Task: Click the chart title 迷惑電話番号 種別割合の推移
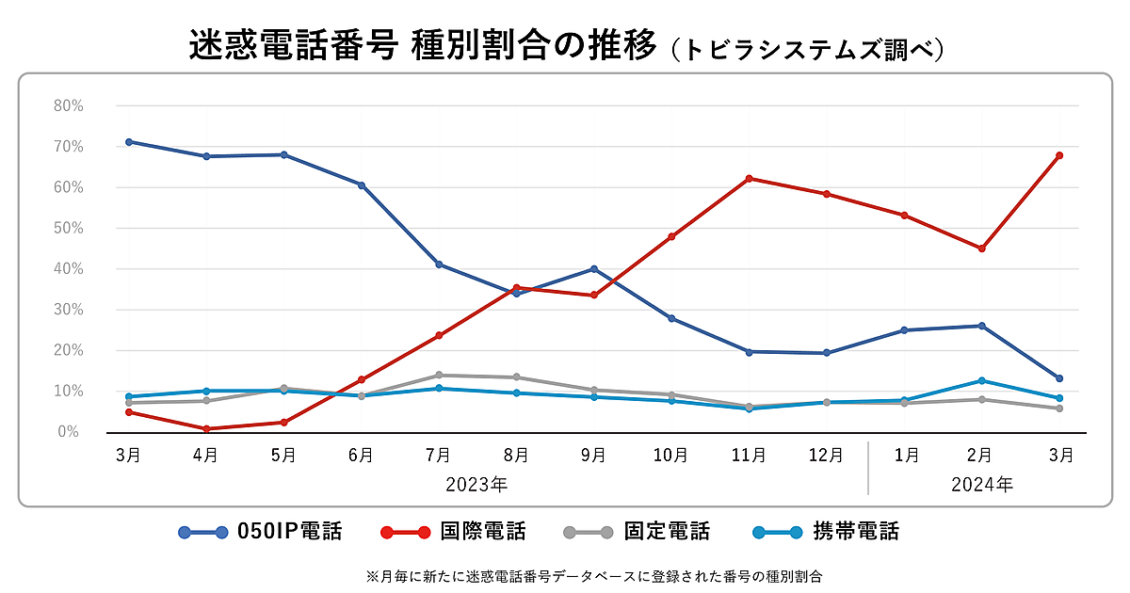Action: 422,46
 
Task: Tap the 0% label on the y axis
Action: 72,432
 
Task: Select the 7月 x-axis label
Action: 438,456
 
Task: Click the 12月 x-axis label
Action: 826,456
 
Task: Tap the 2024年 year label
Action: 982,486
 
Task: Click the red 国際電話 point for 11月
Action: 749,178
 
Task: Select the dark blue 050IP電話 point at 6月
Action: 361,184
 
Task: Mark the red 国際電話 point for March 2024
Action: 1059,155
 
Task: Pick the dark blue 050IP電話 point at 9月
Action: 593,268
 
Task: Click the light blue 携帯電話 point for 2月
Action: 982,380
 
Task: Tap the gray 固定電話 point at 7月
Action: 439,375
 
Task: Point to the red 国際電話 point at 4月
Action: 206,429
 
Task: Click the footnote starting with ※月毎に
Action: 594,576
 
